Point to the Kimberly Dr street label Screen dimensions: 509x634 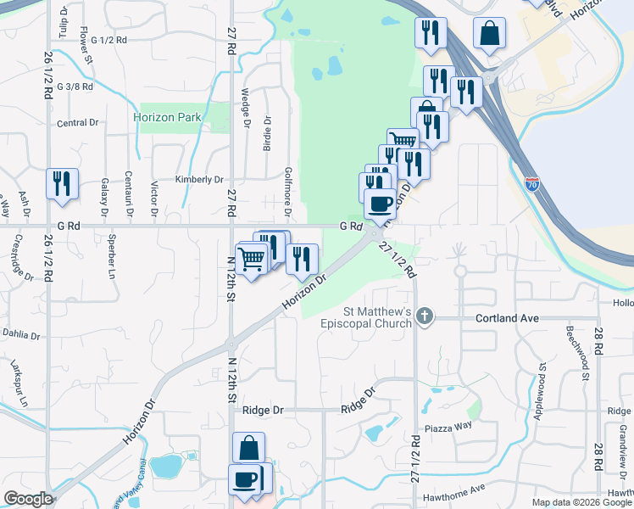[x=198, y=179]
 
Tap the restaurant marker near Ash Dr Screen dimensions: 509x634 [x=62, y=184]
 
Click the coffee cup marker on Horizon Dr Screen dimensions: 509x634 [x=380, y=204]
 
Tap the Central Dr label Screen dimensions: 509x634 [x=78, y=123]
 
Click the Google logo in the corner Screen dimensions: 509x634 [x=28, y=499]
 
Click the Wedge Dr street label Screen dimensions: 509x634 [x=246, y=108]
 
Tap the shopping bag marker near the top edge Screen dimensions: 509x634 [x=489, y=34]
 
